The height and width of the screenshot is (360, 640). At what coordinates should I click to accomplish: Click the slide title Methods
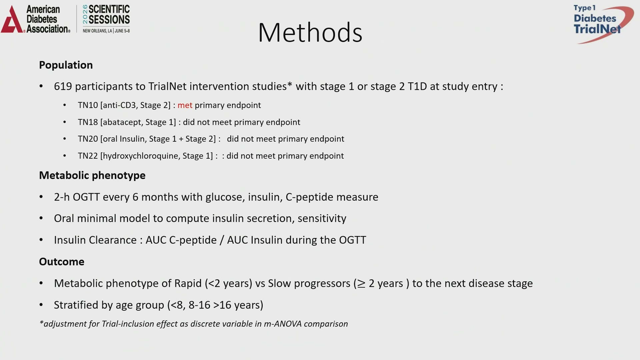310,32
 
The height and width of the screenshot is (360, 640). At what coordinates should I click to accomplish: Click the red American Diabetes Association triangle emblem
12,20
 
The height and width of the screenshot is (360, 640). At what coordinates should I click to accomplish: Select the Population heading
66,65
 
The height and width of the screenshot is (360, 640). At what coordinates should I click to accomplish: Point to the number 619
63,86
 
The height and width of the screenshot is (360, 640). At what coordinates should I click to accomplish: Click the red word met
185,105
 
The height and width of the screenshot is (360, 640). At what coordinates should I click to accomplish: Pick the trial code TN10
88,105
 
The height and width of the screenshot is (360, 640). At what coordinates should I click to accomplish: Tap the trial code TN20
88,139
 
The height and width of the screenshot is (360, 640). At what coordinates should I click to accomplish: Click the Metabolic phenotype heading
92,176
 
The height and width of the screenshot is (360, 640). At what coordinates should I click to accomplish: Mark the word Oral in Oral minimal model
64,218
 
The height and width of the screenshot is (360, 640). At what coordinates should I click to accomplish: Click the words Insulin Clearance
95,240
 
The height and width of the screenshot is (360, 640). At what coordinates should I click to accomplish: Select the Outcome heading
62,262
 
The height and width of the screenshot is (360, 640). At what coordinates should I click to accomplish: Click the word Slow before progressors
280,283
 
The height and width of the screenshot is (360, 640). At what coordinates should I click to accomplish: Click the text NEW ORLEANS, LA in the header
97,31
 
